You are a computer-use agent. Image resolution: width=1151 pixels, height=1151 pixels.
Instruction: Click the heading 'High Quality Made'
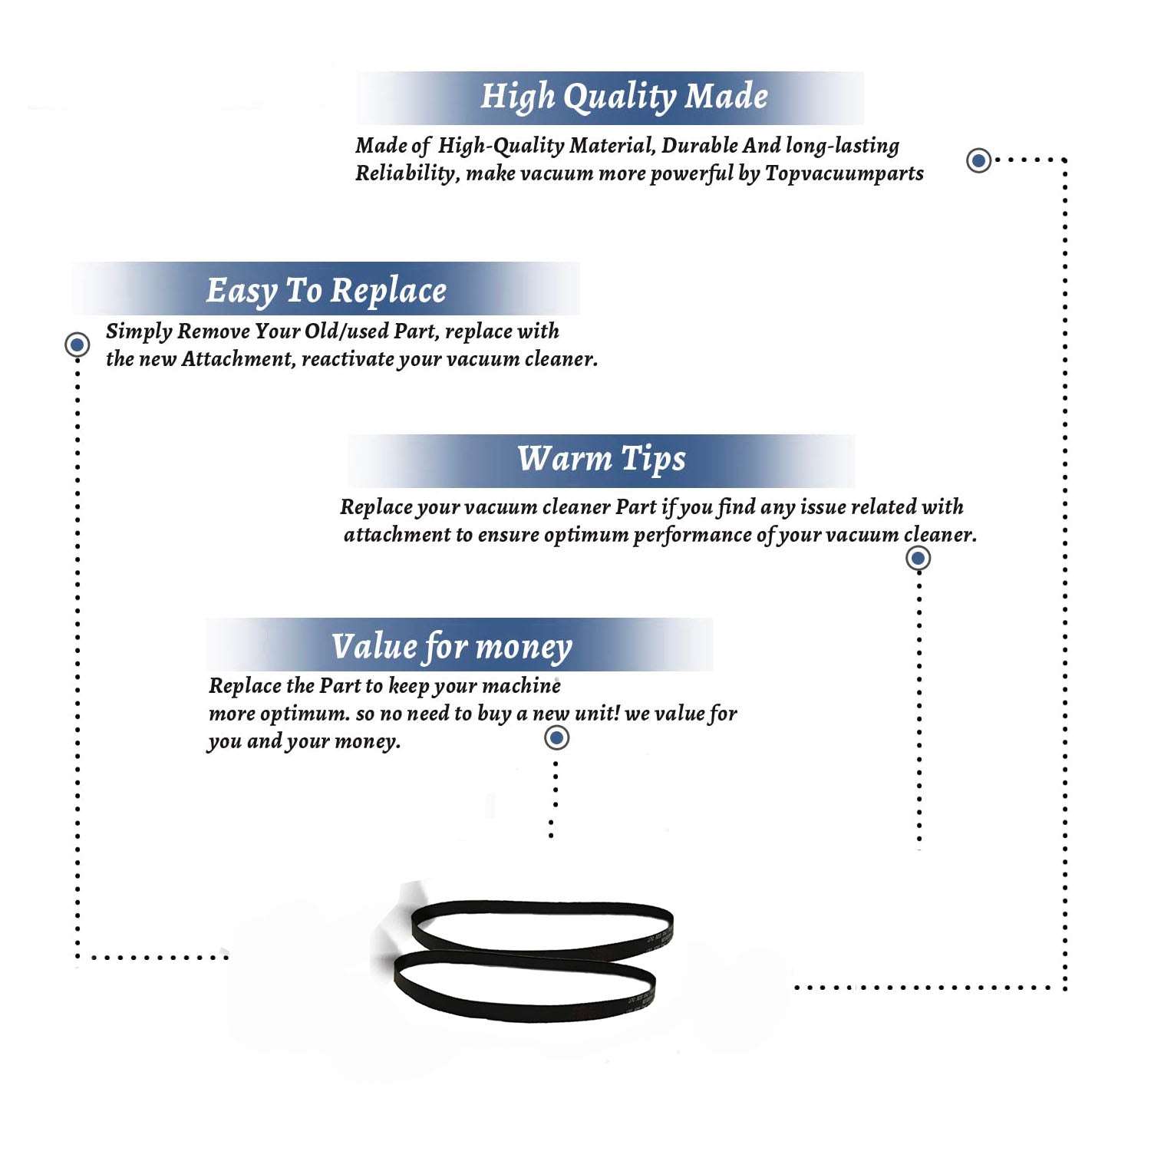click(x=624, y=97)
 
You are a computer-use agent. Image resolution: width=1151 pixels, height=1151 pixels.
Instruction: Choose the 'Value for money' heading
click(x=452, y=647)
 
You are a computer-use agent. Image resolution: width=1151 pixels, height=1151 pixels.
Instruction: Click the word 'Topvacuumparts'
click(x=844, y=173)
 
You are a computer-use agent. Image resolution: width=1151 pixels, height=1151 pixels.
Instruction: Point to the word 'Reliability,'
click(x=407, y=173)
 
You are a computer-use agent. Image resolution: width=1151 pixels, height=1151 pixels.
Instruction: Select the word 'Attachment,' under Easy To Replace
click(x=239, y=358)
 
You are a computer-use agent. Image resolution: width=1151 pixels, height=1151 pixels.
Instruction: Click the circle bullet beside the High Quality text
click(x=978, y=160)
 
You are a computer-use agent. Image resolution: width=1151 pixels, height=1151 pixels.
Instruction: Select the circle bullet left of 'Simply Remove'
click(x=77, y=345)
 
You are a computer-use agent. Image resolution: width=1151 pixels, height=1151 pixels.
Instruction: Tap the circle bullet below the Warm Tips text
click(x=918, y=558)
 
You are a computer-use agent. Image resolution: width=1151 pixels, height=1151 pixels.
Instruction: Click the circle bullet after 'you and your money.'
click(x=556, y=737)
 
